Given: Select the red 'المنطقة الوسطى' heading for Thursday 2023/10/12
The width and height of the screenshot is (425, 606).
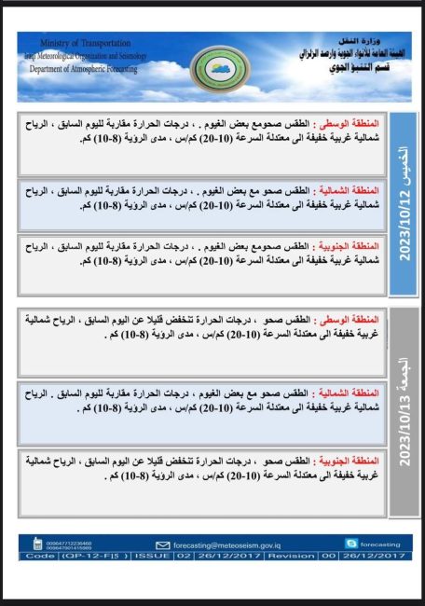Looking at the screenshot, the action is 350,125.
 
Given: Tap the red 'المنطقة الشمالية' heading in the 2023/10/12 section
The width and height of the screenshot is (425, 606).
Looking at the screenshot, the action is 349,189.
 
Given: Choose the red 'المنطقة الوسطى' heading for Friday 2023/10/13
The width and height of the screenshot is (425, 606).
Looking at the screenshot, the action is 350,319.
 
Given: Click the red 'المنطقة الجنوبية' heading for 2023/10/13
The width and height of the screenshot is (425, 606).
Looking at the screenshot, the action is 349,461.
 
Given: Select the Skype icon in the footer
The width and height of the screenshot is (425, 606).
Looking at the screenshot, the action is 350,543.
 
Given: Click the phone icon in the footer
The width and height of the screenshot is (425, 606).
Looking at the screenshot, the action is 37,544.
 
